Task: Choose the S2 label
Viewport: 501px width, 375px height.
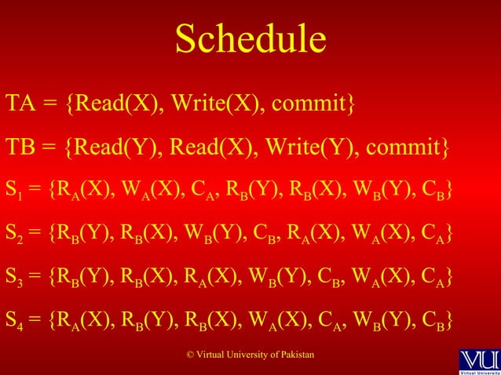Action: [14, 234]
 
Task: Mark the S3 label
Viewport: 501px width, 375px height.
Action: [14, 278]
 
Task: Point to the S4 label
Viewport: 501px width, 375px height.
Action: [14, 322]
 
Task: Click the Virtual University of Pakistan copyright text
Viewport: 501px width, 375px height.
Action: [250, 356]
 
